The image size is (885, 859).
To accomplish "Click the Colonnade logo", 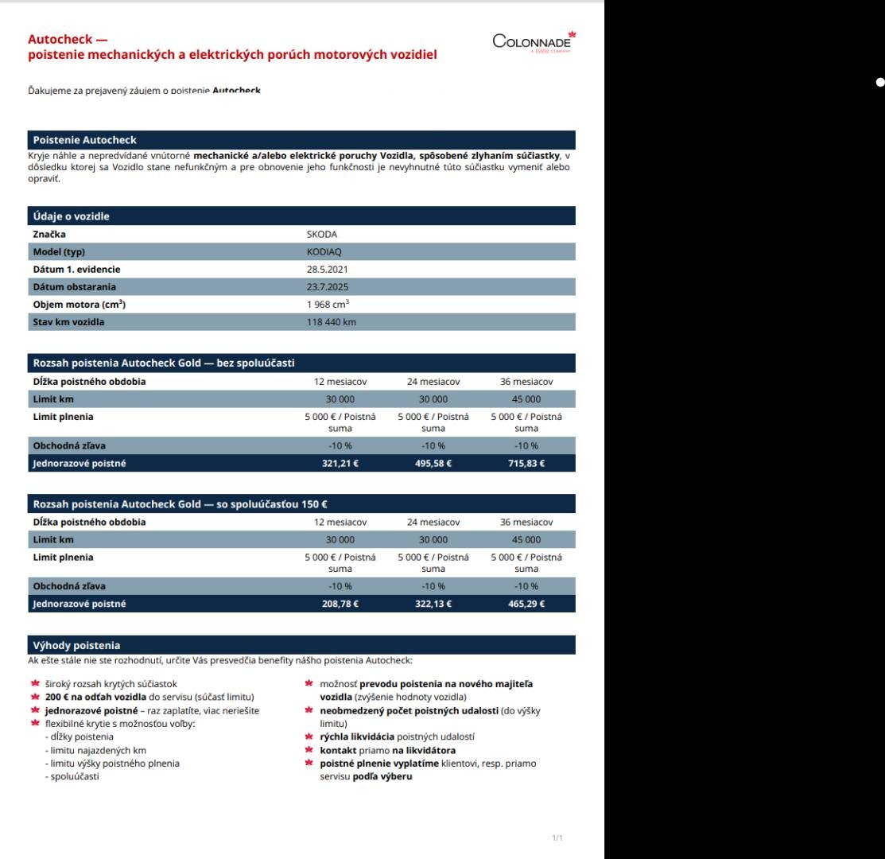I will point(534,41).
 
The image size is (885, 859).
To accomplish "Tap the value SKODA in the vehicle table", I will point(321,235).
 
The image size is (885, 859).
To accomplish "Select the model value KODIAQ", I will point(324,252).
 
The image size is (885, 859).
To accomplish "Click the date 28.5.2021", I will point(327,270).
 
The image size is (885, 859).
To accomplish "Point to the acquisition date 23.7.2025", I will point(327,287).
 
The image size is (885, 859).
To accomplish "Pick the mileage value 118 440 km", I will point(332,322).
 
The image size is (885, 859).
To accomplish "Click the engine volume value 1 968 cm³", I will point(328,305).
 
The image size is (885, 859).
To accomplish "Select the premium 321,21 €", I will point(340,464).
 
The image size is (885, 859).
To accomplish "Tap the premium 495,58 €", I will point(433,464).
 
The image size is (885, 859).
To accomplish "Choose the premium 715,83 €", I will point(526,464).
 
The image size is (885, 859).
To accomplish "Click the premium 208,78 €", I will point(340,604).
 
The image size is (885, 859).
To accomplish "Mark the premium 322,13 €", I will point(433,604).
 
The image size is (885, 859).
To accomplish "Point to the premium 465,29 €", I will point(526,604).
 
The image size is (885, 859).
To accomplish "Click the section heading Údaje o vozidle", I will point(72,216).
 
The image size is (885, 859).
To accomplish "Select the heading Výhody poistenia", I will point(76,645).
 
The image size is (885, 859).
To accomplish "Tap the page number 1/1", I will point(557,838).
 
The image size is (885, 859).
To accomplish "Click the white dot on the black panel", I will point(879,82).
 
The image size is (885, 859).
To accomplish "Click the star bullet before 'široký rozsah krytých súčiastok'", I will point(35,683).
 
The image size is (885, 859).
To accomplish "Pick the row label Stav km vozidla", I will point(68,322).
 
